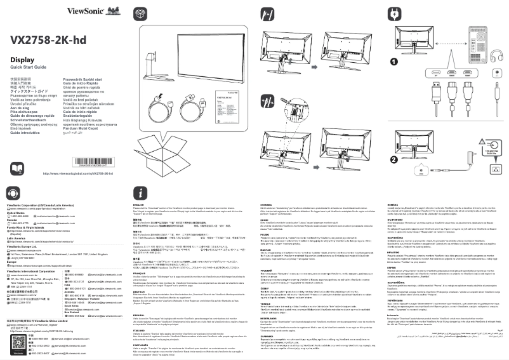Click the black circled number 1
(x=394, y=62)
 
